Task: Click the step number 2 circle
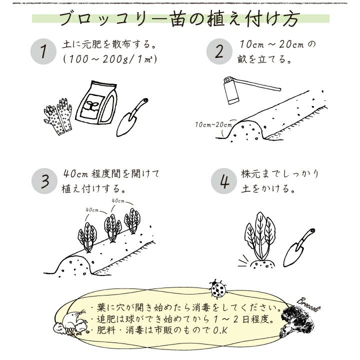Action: coord(219,52)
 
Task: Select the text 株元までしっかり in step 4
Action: coord(279,174)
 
